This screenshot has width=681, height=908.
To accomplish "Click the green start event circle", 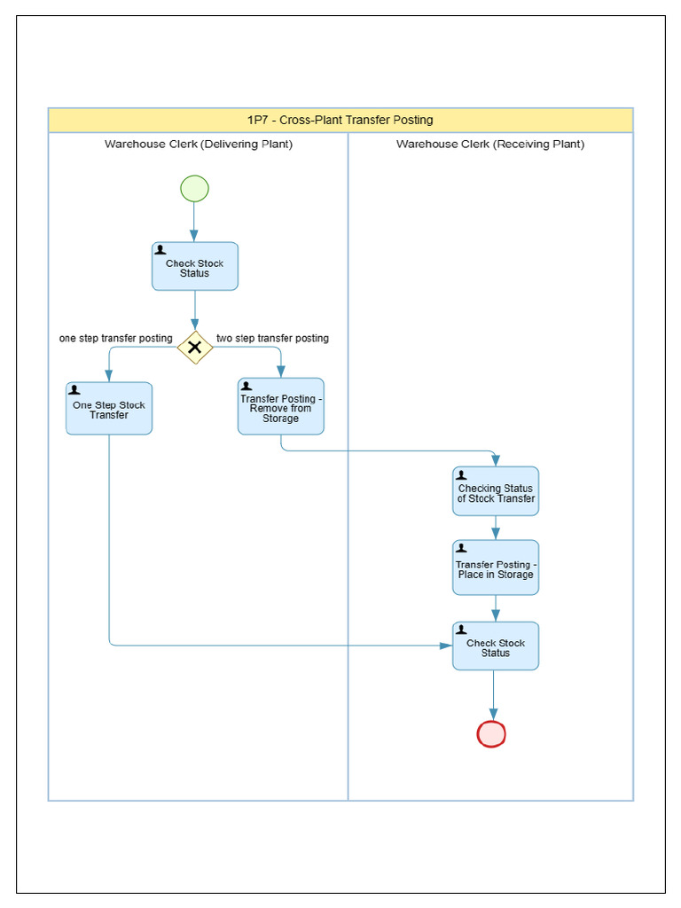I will [x=194, y=189].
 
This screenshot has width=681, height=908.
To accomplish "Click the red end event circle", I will [x=491, y=734].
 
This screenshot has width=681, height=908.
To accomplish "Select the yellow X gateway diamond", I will [x=194, y=348].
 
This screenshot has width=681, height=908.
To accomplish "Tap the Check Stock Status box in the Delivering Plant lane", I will [x=194, y=267].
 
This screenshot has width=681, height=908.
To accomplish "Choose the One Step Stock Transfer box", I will [x=109, y=409].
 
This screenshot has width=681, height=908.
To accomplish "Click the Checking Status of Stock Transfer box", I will [x=495, y=492].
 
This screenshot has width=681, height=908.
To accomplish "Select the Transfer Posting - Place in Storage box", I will [x=495, y=567].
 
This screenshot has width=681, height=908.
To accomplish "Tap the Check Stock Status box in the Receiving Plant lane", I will [x=495, y=646].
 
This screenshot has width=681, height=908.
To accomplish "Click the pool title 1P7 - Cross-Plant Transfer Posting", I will [x=340, y=121].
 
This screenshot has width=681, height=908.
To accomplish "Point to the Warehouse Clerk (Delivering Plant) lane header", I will [x=199, y=144].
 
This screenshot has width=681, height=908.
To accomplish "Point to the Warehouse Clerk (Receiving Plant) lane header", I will [x=490, y=144].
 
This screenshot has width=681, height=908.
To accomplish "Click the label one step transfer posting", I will [x=116, y=338].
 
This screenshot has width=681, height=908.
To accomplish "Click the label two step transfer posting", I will [x=272, y=338].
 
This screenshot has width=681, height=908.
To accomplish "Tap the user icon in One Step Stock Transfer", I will [x=74, y=390].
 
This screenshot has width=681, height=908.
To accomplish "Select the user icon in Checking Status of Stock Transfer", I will [x=461, y=475].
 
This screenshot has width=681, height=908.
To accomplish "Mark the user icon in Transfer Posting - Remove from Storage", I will [x=247, y=387].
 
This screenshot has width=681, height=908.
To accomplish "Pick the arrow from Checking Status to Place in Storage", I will [x=495, y=528].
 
